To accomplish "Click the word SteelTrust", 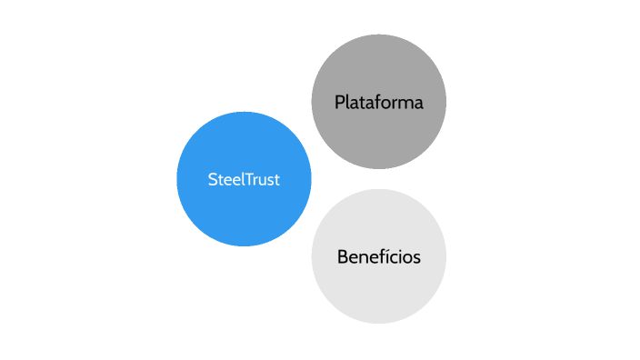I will tap(244, 180).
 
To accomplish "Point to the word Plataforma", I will tap(378, 102).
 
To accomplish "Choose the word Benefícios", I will tap(378, 257).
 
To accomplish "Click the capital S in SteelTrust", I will tap(212, 180).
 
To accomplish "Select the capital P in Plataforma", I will tap(339, 102).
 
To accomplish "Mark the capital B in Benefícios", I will tap(342, 257).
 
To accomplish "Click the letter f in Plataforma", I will tap(379, 102).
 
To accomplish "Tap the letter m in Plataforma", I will tap(405, 103).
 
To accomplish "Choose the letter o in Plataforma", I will tap(388, 103).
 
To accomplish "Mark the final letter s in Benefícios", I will tap(416, 258).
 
